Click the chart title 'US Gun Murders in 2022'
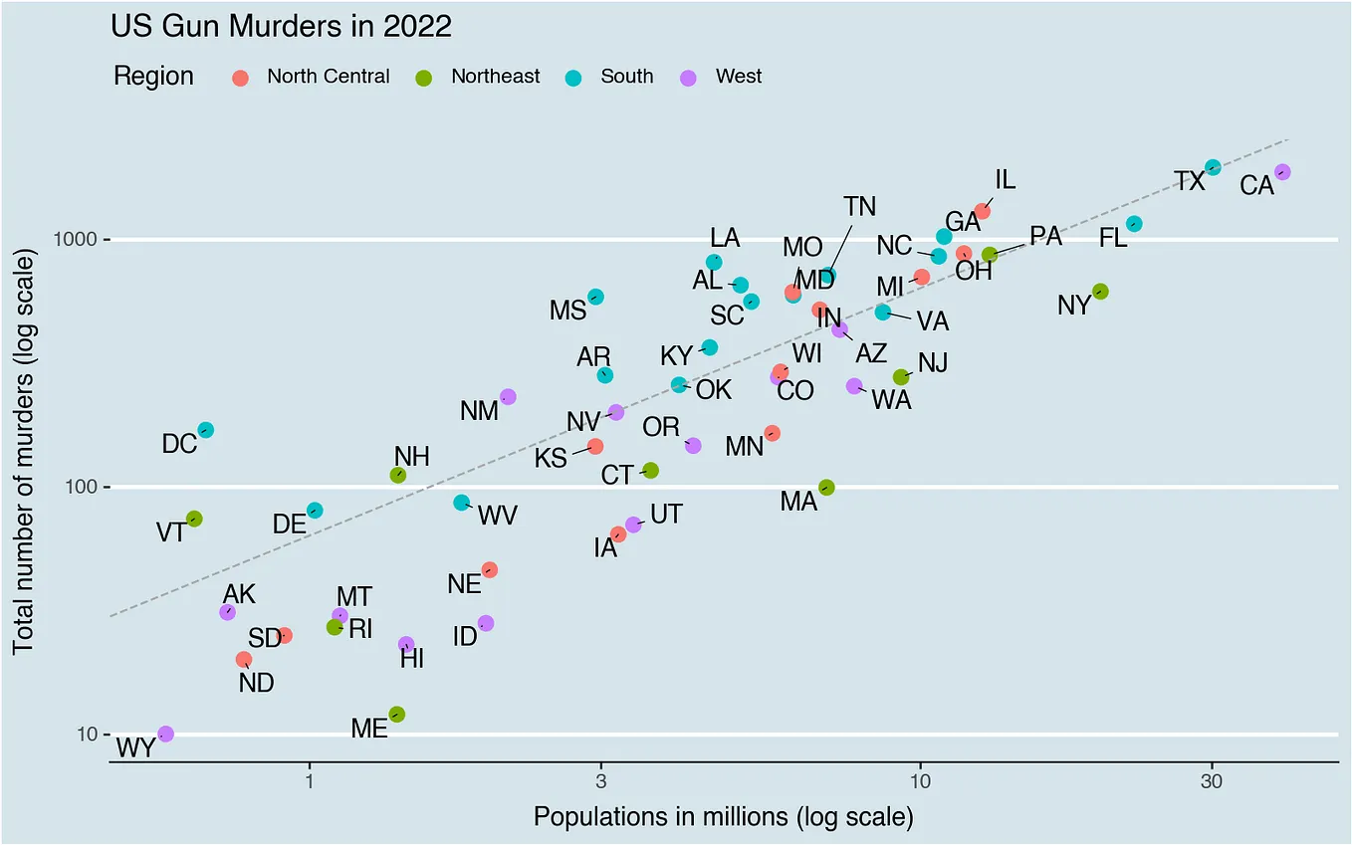pyautogui.click(x=281, y=26)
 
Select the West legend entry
pyautogui.click(x=738, y=77)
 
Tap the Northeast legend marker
pyautogui.click(x=423, y=78)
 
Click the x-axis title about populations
pyautogui.click(x=723, y=817)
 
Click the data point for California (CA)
pyautogui.click(x=1282, y=172)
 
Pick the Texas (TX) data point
pyautogui.click(x=1213, y=167)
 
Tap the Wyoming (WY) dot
pyautogui.click(x=165, y=734)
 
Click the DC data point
pyautogui.click(x=205, y=430)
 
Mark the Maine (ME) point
pyautogui.click(x=397, y=714)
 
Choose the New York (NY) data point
pyautogui.click(x=1100, y=292)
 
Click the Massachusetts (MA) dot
pyautogui.click(x=826, y=487)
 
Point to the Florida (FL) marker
pyautogui.click(x=1134, y=224)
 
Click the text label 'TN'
pyautogui.click(x=859, y=206)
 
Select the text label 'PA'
pyautogui.click(x=1045, y=236)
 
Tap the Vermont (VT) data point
pyautogui.click(x=194, y=519)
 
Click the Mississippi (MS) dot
pyautogui.click(x=595, y=297)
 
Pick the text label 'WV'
pyautogui.click(x=498, y=516)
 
